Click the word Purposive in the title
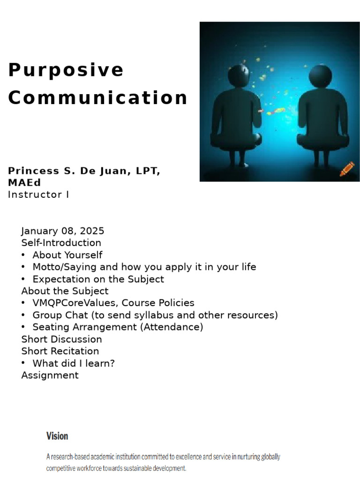66,70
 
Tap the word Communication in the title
97,98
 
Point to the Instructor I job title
38,194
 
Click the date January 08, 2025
63,231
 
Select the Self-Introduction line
61,243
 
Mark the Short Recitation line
60,351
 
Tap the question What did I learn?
74,363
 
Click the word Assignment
50,375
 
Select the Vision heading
57,436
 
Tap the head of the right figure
321,75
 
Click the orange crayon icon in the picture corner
347,169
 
